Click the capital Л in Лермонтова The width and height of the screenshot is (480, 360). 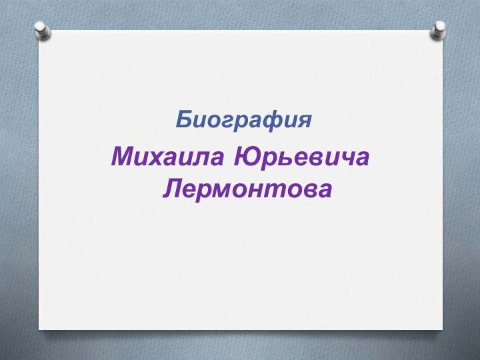point(174,189)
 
